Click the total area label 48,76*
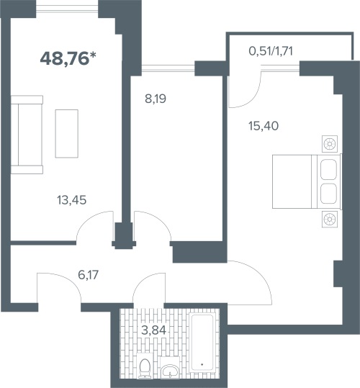click(68, 59)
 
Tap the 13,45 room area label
click(72, 200)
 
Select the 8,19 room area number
click(156, 99)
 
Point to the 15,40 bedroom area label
click(264, 126)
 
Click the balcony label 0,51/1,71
click(271, 51)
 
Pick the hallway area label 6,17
click(89, 275)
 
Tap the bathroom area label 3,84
click(153, 330)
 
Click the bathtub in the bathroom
click(202, 342)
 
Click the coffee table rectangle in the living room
click(67, 134)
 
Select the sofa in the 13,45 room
click(27, 135)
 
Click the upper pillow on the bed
click(328, 169)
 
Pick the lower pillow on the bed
click(328, 194)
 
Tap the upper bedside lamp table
click(330, 144)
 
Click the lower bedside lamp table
click(330, 220)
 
